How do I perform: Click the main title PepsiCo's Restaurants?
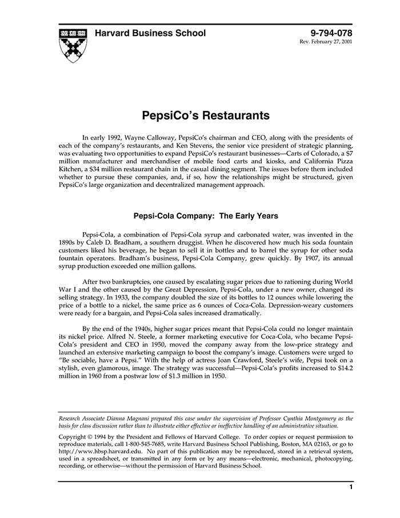coord(205,115)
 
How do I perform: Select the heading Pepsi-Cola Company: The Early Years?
coord(205,216)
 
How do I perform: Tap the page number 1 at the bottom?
coord(350,488)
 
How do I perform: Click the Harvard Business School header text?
coord(150,33)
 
